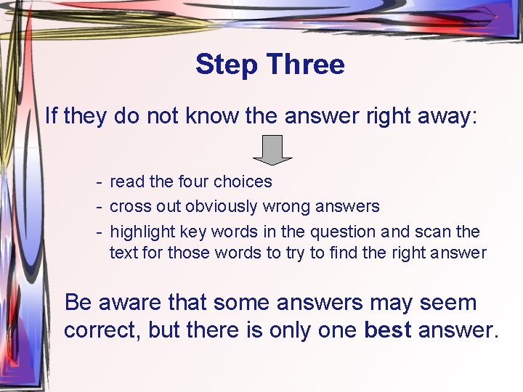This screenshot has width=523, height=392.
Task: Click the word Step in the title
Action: [226, 65]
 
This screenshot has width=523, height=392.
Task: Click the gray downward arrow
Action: [272, 150]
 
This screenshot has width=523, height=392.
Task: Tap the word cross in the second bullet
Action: [128, 207]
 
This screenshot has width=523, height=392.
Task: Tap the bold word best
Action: [387, 330]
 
